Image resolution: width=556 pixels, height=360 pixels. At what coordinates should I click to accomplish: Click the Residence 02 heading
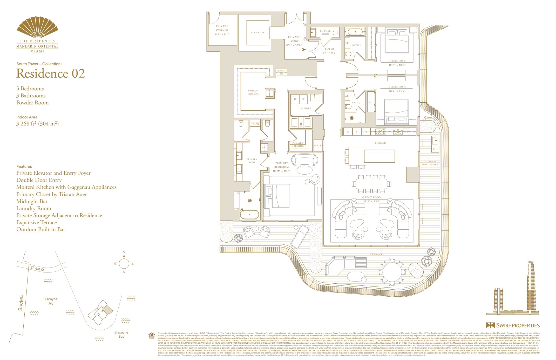tap(50, 74)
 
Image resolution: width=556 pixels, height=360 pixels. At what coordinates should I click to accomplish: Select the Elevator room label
tap(257, 32)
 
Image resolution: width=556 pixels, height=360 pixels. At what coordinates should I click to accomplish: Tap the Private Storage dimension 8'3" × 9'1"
tap(222, 34)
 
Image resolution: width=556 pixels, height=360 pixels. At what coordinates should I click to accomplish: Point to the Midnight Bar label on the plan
tap(281, 72)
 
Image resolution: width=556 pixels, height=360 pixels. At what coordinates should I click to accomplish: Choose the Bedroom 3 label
tap(397, 87)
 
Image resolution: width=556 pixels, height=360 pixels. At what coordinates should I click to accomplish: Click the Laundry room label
tap(305, 108)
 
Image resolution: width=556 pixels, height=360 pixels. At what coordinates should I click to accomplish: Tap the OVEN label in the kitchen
tap(366, 132)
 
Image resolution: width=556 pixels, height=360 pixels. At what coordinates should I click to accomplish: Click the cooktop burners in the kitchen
tap(381, 132)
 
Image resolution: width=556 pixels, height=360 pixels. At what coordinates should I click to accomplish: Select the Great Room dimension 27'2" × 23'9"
tap(372, 201)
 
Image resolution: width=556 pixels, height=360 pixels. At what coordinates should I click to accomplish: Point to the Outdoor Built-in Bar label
tap(430, 163)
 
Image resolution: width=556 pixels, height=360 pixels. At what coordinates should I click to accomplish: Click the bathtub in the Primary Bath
tap(249, 215)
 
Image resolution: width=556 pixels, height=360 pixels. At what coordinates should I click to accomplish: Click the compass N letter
tap(124, 252)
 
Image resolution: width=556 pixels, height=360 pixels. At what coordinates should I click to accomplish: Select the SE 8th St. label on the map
tap(38, 268)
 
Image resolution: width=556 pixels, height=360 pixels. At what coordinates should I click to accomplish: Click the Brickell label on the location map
tap(21, 302)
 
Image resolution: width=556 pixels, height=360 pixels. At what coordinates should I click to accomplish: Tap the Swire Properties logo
tap(513, 325)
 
